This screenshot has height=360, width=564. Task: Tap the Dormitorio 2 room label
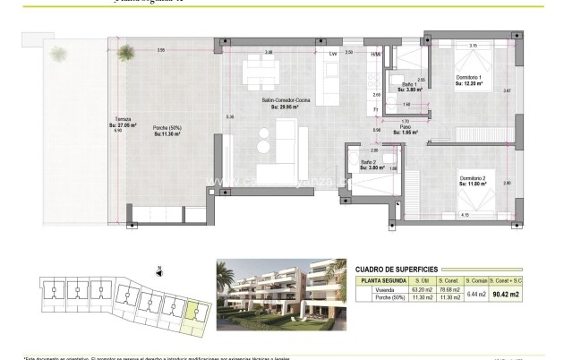(x=473, y=179)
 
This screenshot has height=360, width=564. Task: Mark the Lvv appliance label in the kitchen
(x=333, y=54)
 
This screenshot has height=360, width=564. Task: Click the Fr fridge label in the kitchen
(x=377, y=109)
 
